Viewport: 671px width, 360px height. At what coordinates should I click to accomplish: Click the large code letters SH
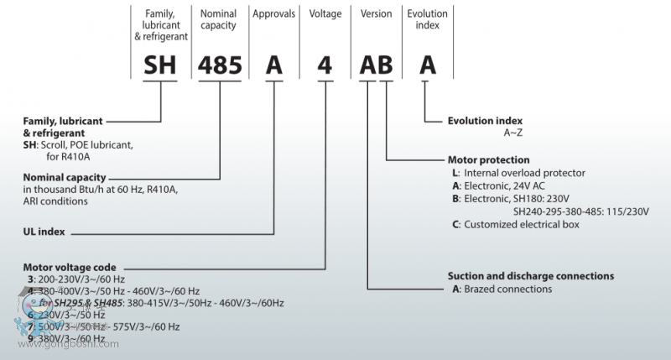tap(160, 64)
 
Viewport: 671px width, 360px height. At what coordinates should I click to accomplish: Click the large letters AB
tap(377, 65)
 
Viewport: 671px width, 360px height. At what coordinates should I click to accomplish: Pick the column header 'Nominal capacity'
tap(218, 19)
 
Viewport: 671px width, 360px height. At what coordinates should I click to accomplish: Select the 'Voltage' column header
tap(325, 14)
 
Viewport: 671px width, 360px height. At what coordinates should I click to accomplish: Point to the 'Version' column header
tap(377, 14)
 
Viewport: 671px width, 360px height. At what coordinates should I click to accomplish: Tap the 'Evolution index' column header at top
tap(427, 19)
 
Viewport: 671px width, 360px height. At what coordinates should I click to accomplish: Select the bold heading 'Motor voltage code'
tap(70, 267)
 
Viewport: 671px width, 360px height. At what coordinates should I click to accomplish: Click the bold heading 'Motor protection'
tap(489, 159)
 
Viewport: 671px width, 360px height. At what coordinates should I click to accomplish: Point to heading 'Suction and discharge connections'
tap(531, 276)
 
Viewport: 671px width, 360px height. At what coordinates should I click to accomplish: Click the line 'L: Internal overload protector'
tap(518, 173)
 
